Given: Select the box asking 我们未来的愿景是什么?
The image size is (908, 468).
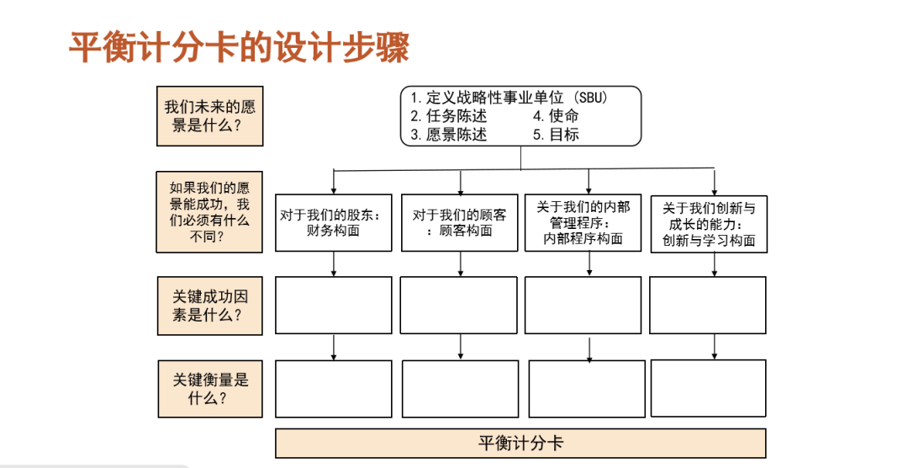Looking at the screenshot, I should pyautogui.click(x=209, y=117).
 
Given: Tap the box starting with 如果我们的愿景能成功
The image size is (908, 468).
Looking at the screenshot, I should pyautogui.click(x=209, y=211).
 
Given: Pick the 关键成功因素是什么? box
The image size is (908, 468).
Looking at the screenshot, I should pyautogui.click(x=209, y=306).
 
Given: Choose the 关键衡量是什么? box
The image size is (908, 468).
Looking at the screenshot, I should pyautogui.click(x=209, y=388).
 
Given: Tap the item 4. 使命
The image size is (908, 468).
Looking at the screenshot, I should pyautogui.click(x=556, y=116).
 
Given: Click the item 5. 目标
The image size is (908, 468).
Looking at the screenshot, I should pyautogui.click(x=556, y=135).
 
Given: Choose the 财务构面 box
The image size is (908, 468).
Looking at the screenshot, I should pyautogui.click(x=334, y=222).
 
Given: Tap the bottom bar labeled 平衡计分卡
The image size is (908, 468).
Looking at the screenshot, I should pyautogui.click(x=520, y=444).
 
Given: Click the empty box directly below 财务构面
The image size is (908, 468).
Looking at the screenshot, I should pyautogui.click(x=334, y=305).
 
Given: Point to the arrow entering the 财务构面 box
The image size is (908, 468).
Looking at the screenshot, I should pyautogui.click(x=334, y=183).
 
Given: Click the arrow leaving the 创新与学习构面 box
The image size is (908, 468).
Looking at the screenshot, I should pyautogui.click(x=715, y=264).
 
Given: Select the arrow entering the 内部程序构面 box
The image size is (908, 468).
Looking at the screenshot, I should pyautogui.click(x=588, y=182).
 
